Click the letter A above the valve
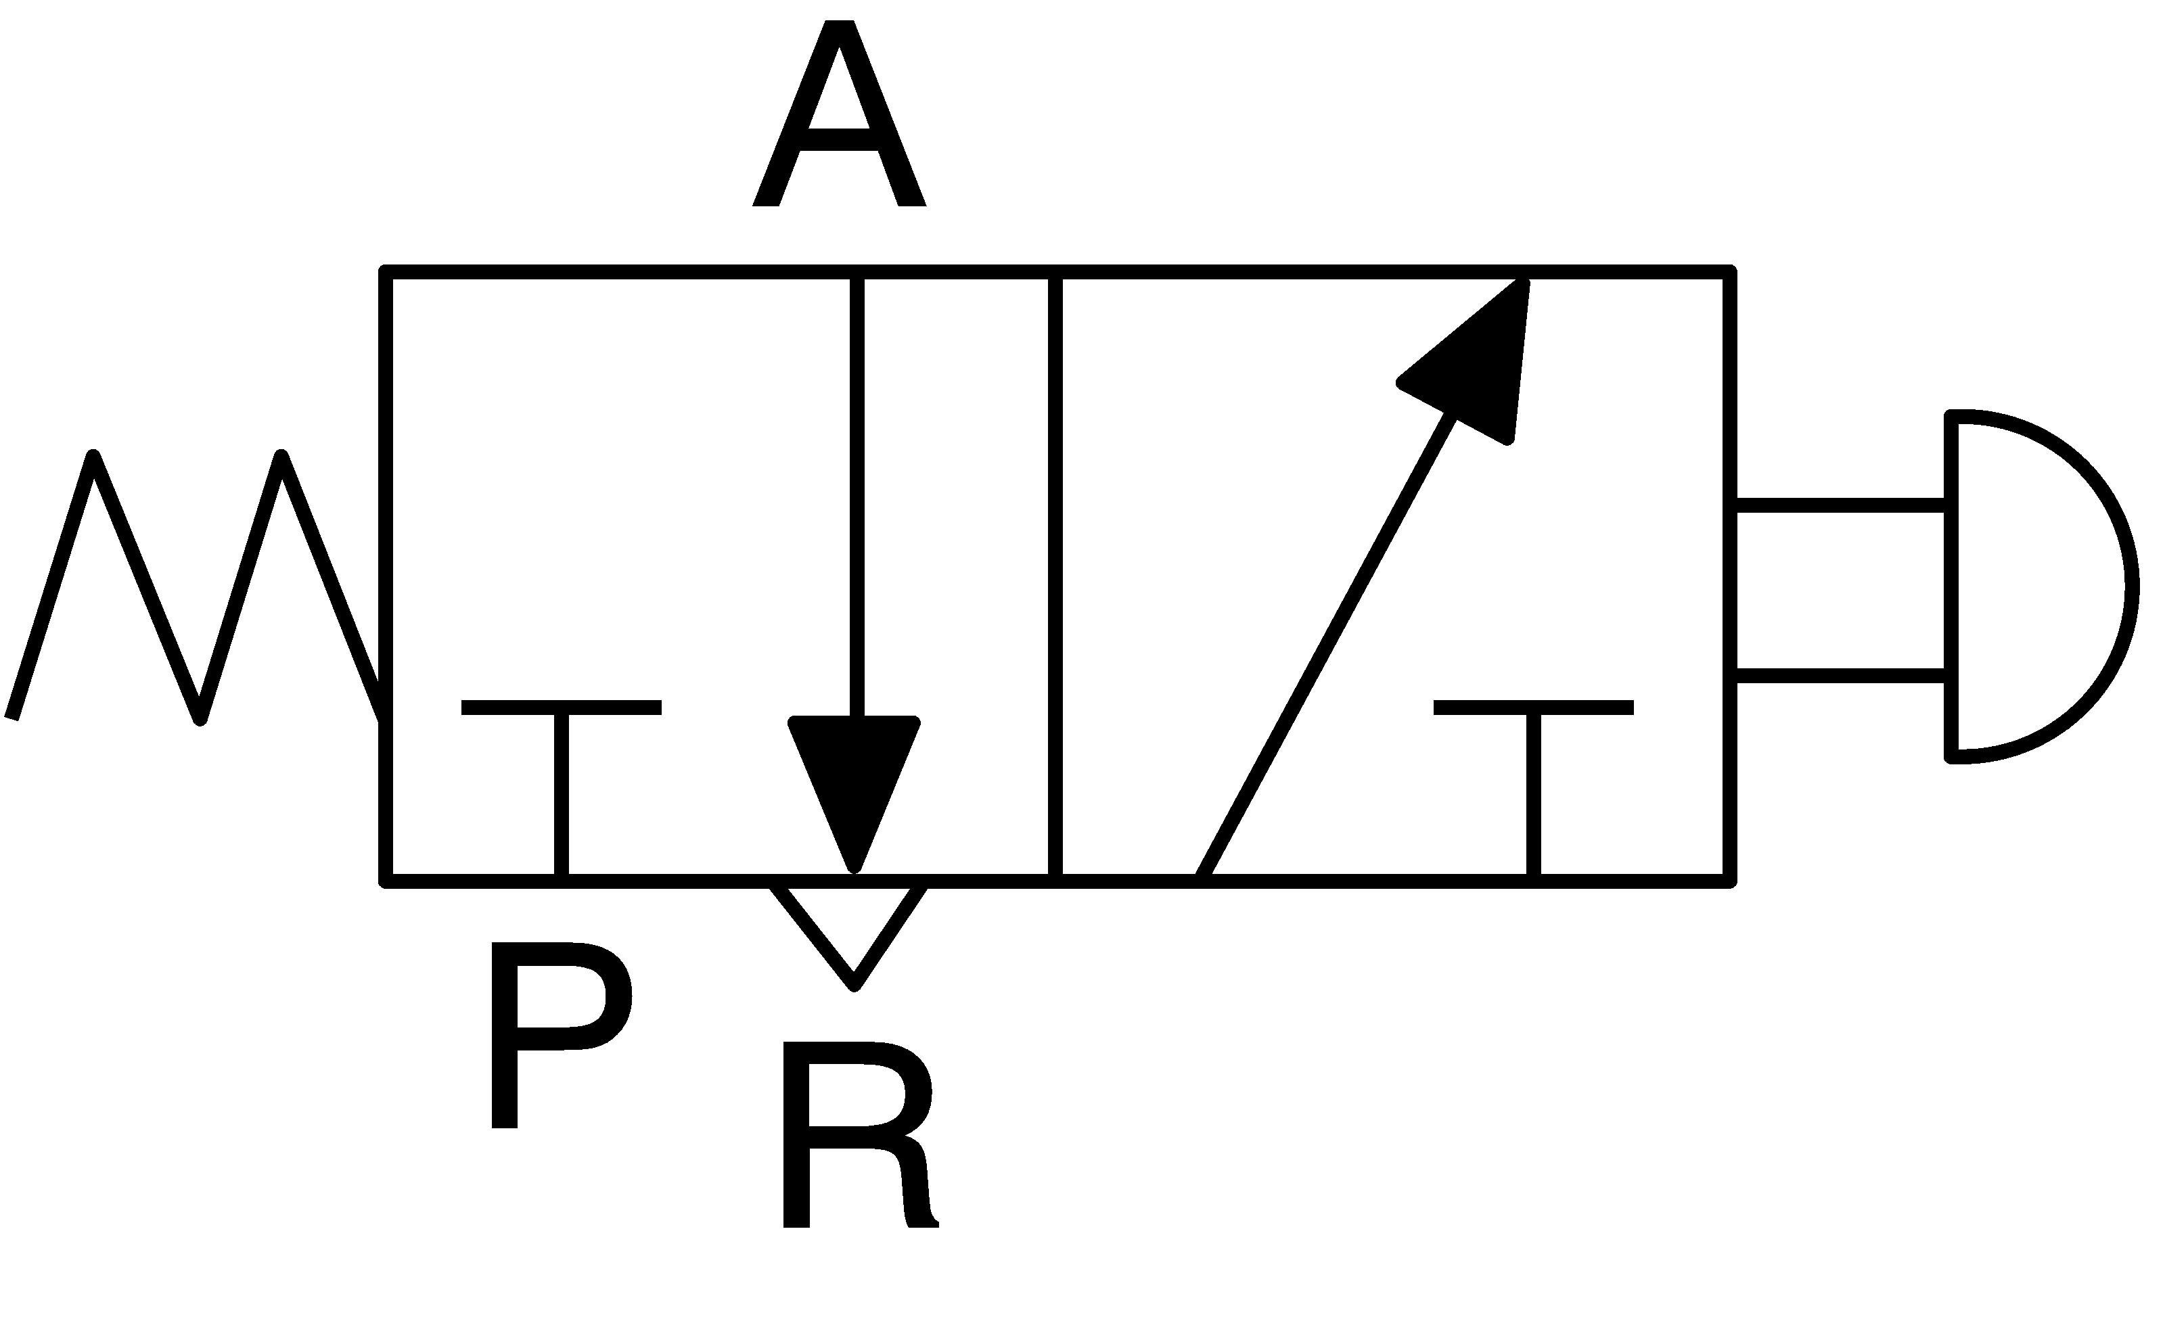(839, 114)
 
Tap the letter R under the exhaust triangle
(860, 1135)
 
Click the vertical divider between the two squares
(1055, 576)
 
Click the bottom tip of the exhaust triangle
(853, 988)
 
